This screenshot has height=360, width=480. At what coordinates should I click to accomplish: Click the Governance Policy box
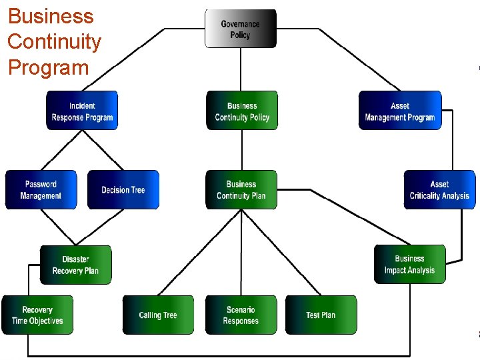coord(240,29)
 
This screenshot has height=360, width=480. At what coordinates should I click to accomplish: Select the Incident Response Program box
coord(82,111)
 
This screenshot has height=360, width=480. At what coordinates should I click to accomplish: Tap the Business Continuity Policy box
coord(241,111)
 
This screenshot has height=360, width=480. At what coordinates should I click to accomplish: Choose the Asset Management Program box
coord(400,111)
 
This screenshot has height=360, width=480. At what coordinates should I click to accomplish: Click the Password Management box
coord(41,190)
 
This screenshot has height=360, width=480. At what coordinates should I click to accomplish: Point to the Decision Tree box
coord(123,190)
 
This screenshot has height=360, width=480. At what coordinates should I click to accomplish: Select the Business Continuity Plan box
coord(241,190)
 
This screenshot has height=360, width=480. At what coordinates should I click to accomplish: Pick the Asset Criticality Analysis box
coord(439,190)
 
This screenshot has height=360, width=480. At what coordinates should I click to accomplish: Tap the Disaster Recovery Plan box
coord(75,265)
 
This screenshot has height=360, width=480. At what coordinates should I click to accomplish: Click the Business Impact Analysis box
coord(409,265)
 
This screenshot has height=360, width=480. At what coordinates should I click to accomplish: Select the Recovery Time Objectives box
coord(37,315)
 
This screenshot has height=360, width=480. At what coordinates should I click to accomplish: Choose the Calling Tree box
coord(158,315)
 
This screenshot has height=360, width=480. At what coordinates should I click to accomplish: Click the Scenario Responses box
coord(241,315)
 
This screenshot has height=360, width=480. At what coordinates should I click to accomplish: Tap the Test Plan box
coord(321,315)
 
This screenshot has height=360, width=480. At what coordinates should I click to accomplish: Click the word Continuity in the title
coord(54,42)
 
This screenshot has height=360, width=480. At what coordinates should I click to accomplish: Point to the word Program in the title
coord(48,67)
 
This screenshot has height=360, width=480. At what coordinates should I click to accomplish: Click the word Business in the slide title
coord(51,16)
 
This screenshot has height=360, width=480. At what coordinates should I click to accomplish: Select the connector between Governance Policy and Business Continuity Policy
coord(241,69)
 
